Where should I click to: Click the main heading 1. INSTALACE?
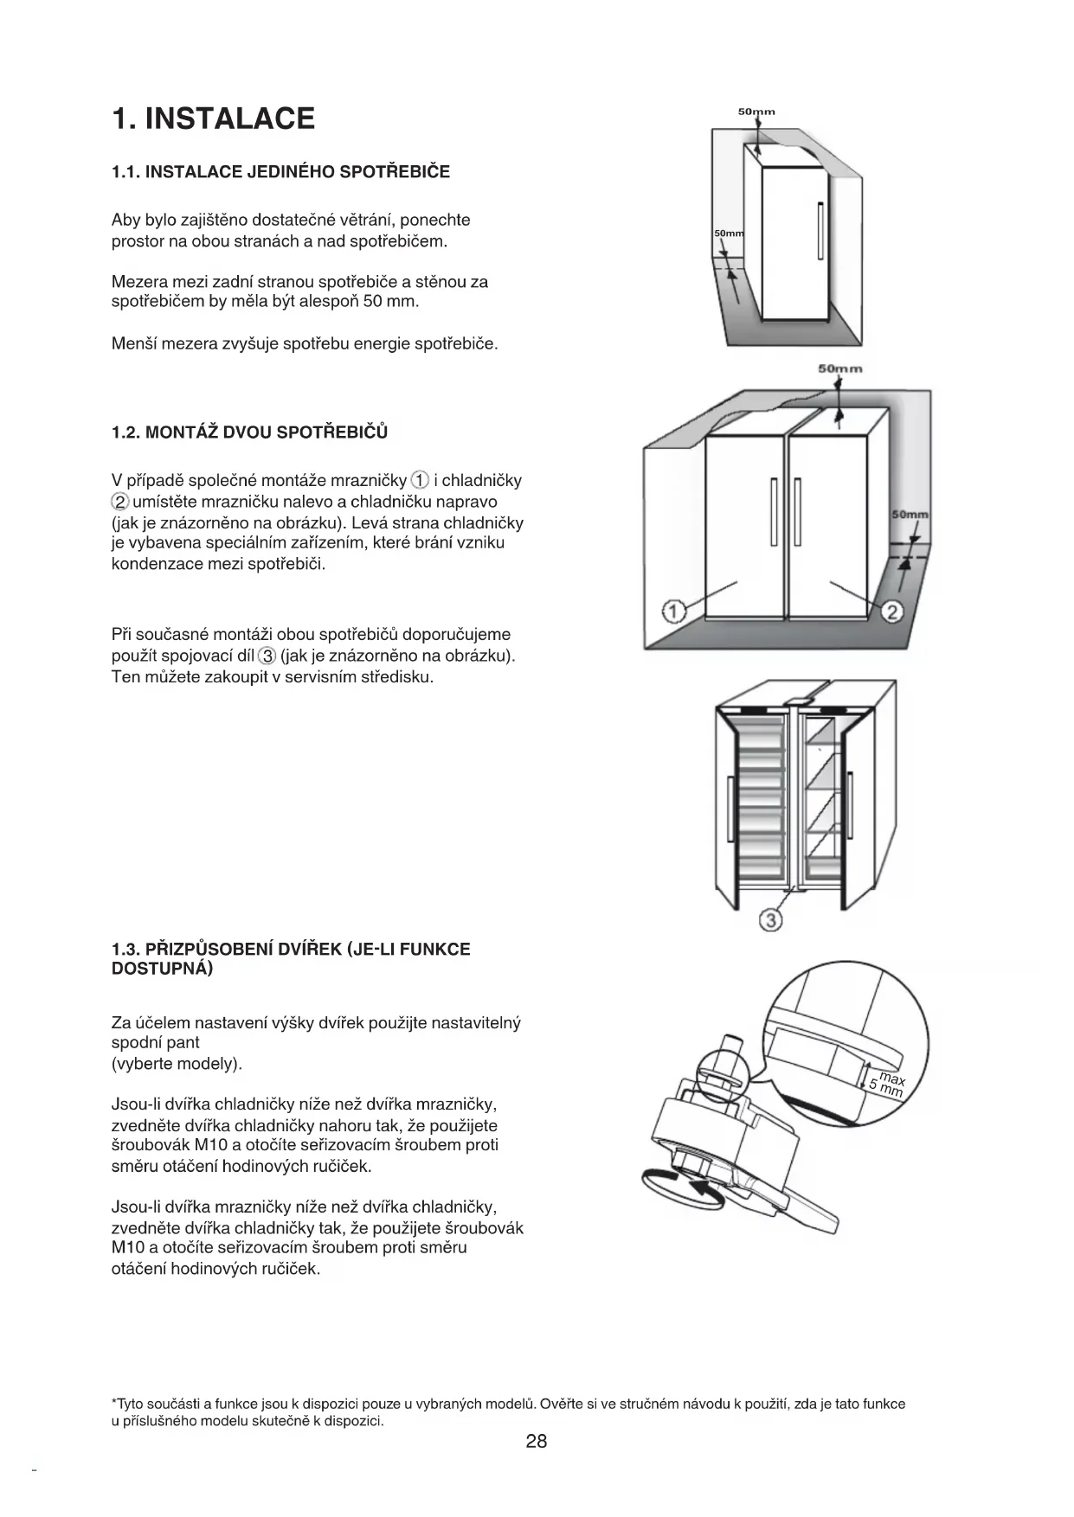point(213,118)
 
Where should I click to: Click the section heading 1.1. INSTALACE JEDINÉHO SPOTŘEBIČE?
point(280,171)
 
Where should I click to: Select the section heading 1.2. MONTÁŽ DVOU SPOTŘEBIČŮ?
point(249,432)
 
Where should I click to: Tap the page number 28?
point(536,1441)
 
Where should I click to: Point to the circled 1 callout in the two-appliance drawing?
point(674,611)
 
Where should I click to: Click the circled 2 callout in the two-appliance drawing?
point(892,612)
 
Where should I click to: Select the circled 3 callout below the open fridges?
point(770,920)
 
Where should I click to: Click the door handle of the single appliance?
point(820,230)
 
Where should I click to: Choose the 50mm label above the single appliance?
point(756,112)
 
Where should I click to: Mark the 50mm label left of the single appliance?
point(729,234)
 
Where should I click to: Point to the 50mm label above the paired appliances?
point(840,369)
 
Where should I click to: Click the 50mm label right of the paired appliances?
point(910,515)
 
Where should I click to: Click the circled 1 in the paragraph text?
point(420,480)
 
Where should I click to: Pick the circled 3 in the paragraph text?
point(268,656)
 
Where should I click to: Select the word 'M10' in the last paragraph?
point(126,1247)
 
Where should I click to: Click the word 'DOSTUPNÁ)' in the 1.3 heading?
point(162,969)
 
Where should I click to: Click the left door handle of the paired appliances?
point(773,512)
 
